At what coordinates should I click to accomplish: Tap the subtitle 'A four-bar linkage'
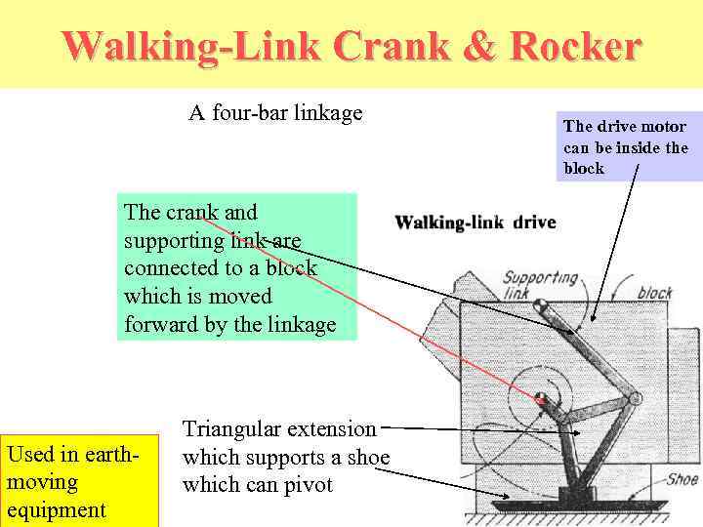click(275, 113)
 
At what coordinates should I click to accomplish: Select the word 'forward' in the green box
click(159, 324)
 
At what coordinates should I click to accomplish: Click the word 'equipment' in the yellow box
click(57, 509)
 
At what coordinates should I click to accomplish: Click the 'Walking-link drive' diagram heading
click(475, 223)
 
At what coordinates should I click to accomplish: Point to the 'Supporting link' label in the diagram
click(540, 285)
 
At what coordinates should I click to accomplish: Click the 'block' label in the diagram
click(654, 292)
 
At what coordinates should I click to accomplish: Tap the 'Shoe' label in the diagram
click(681, 479)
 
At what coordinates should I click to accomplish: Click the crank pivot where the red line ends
click(540, 397)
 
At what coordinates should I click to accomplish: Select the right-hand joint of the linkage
click(634, 399)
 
